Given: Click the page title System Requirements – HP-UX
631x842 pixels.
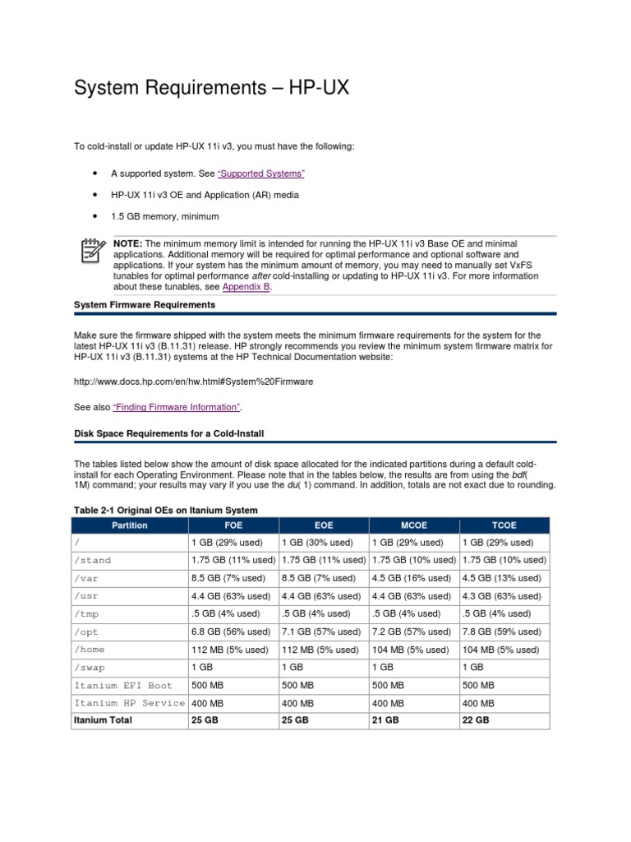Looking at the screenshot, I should pos(212,87).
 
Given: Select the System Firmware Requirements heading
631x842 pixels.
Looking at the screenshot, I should pos(145,304).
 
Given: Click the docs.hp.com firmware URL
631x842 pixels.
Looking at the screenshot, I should pos(193,382).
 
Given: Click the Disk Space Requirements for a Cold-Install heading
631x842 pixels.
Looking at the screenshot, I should pos(168,433).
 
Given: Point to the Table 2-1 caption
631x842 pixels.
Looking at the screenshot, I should pos(166,511).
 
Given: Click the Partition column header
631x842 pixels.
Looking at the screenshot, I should pos(131,525).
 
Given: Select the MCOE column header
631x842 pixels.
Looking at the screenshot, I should pos(414,525).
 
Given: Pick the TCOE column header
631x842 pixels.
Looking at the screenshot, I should pos(504,525).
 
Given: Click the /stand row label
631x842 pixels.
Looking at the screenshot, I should pos(92,560).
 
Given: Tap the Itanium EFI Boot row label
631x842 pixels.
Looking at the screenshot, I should pos(123,685).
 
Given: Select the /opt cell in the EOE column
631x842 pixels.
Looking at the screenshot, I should pos(321,631).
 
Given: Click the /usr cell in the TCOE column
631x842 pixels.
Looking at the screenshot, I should pos(502,596).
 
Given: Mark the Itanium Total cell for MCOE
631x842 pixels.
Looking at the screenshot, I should pos(388,719).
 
